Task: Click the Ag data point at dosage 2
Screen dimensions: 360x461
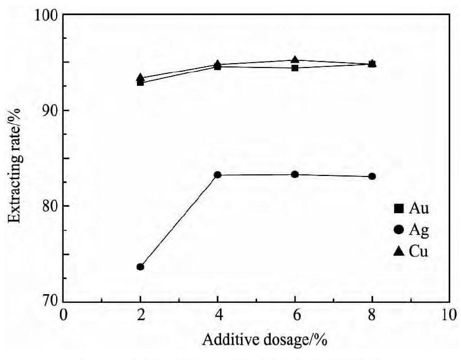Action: pos(141,267)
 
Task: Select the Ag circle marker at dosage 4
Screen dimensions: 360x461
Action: pos(218,175)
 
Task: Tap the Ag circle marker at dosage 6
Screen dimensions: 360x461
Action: pos(295,174)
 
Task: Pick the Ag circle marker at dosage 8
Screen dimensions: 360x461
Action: pos(372,176)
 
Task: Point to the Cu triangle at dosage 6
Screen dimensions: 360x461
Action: pos(295,60)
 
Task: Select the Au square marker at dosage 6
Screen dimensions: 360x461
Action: pos(295,68)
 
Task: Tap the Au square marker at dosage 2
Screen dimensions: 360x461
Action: pos(141,83)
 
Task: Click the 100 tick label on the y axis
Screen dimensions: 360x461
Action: pos(48,15)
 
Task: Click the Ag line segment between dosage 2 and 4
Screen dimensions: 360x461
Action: pos(179,221)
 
